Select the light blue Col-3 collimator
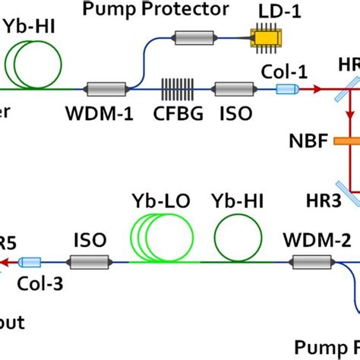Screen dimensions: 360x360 tap(30, 262)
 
